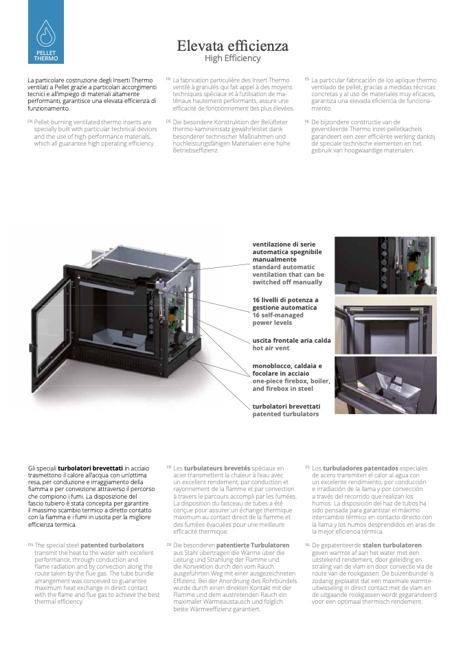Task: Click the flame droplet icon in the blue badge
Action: (46, 33)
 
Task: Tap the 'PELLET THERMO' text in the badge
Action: (46, 56)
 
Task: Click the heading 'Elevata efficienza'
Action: (232, 45)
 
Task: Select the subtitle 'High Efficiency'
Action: (232, 58)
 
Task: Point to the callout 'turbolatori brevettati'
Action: (286, 406)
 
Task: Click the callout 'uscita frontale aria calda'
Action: (292, 340)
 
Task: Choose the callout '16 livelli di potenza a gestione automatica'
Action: (285, 304)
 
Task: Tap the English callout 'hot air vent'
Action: (271, 348)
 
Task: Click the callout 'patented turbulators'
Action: (285, 414)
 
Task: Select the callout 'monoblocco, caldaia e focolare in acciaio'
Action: (287, 370)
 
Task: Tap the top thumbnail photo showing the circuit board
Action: (385, 265)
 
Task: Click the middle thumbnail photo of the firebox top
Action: (385, 326)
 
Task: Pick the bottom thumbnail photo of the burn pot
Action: (385, 385)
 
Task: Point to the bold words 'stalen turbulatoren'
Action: (392, 545)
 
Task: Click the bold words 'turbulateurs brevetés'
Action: (217, 468)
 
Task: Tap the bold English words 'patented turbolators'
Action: (112, 545)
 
